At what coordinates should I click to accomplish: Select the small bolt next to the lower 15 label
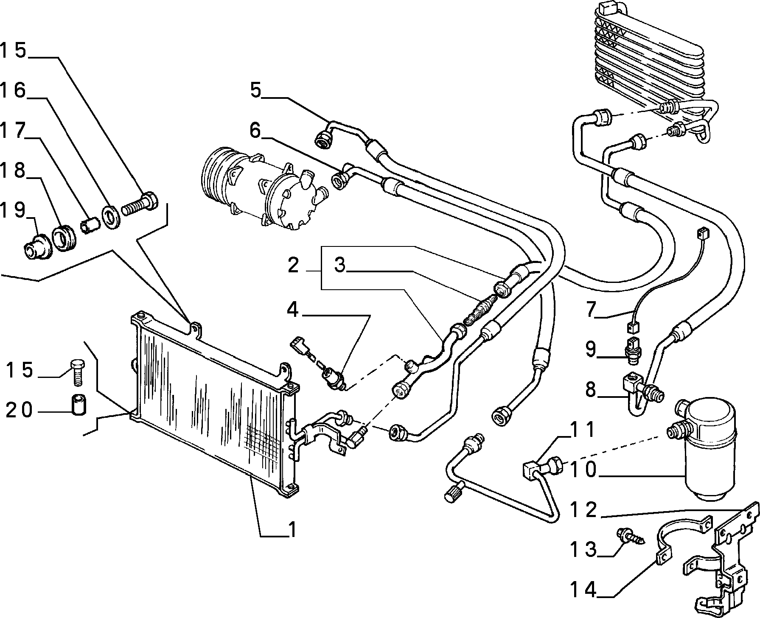(x=77, y=372)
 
